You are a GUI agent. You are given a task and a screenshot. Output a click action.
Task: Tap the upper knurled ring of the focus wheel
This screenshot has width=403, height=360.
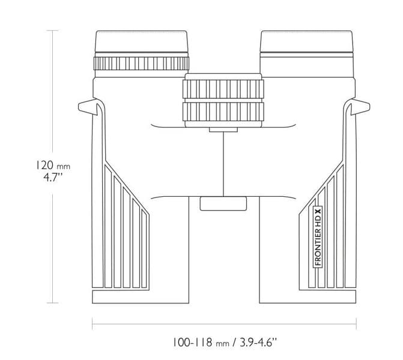point(223,88)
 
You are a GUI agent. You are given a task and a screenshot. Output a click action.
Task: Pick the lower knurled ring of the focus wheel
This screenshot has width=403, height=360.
point(223,111)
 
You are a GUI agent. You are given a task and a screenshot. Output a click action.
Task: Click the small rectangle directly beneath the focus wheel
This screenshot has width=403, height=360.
point(223,129)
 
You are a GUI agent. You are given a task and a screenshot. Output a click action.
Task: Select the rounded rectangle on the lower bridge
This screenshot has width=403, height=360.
point(223,203)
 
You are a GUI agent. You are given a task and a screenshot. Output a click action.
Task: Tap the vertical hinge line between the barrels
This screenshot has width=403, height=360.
point(223,162)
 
